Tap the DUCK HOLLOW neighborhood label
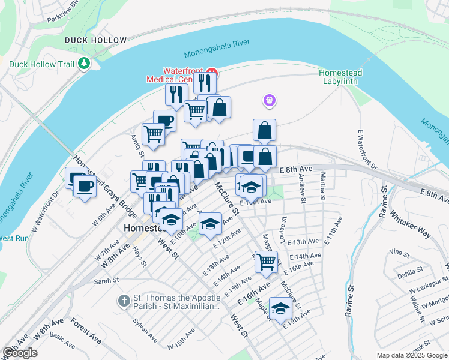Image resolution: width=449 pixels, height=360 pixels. [x=96, y=40]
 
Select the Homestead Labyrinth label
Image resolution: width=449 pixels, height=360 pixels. [x=340, y=76]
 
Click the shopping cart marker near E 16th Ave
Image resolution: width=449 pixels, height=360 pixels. [x=265, y=261]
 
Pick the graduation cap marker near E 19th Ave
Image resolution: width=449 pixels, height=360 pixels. [x=280, y=308]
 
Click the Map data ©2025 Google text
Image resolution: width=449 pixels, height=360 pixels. [x=412, y=355]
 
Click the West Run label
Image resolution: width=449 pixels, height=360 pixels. [x=13, y=238]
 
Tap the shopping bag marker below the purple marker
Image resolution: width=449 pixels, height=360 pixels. [x=265, y=130]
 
